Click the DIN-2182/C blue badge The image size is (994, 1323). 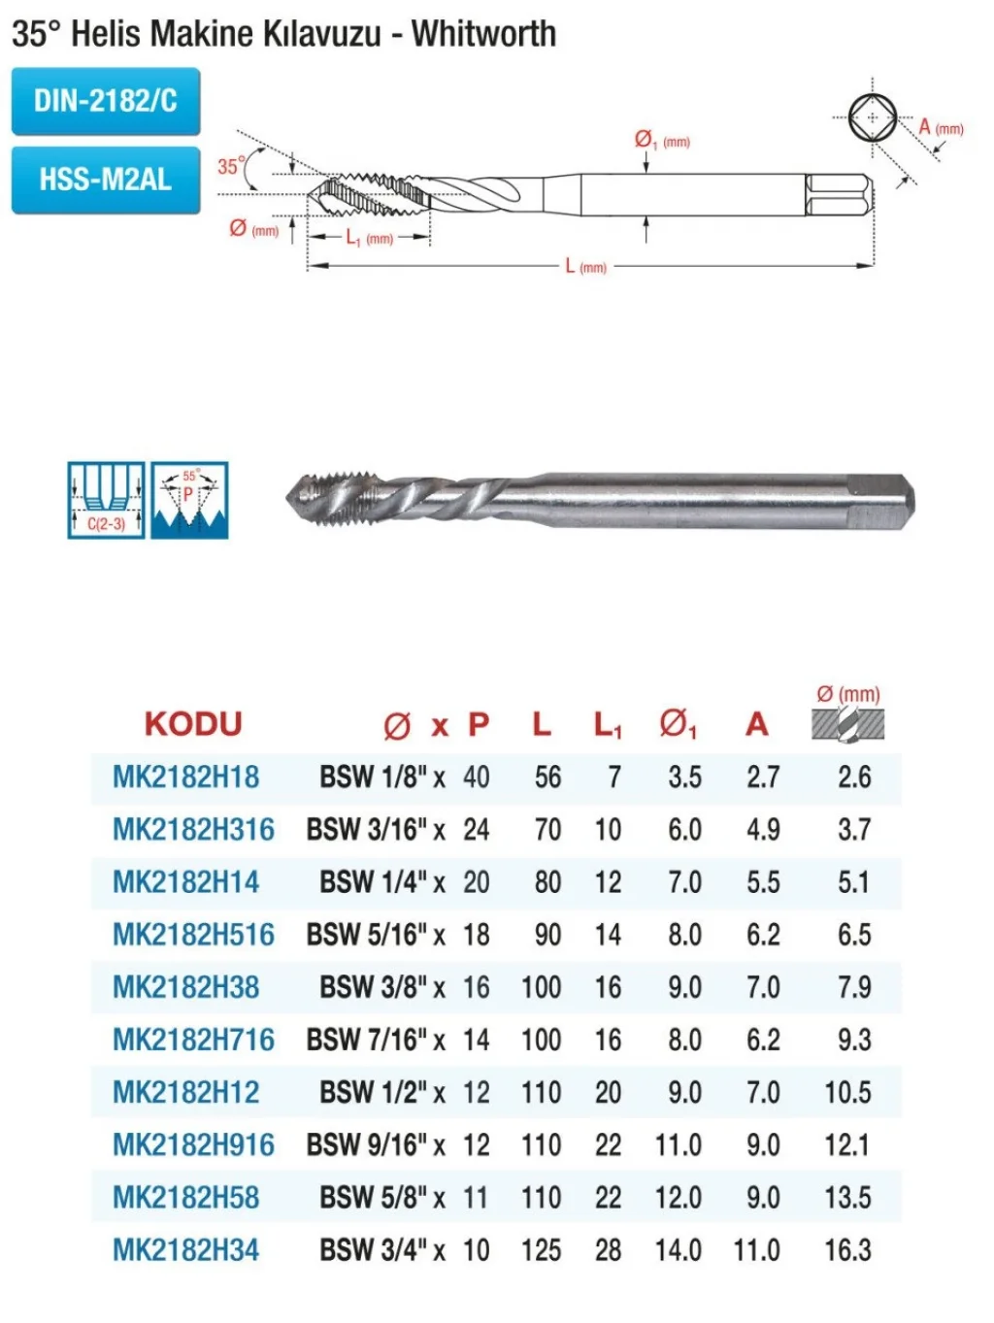click(x=106, y=101)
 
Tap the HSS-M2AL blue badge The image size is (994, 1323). click(x=106, y=180)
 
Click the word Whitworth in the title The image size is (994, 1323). click(x=483, y=34)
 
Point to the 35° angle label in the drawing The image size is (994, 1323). click(x=231, y=166)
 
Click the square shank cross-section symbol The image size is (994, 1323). click(x=873, y=116)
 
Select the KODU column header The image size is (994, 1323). click(x=193, y=724)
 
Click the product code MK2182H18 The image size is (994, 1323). click(x=185, y=777)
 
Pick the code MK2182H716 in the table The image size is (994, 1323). click(x=193, y=1041)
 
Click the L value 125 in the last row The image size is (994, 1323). click(x=542, y=1250)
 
